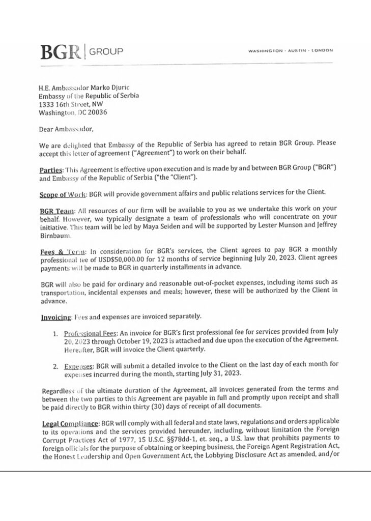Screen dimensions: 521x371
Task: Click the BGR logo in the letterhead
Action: pos(60,51)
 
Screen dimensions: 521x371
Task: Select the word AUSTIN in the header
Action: pos(297,51)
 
